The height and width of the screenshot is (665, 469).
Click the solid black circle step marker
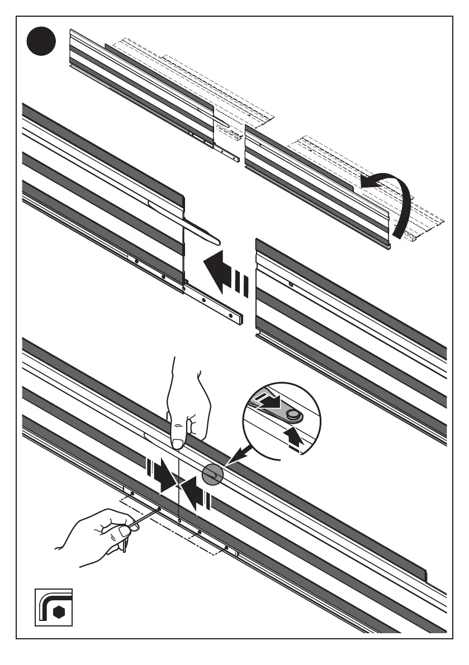point(42,41)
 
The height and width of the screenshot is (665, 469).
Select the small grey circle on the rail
point(212,475)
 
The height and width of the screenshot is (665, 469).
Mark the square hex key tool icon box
point(53,606)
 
